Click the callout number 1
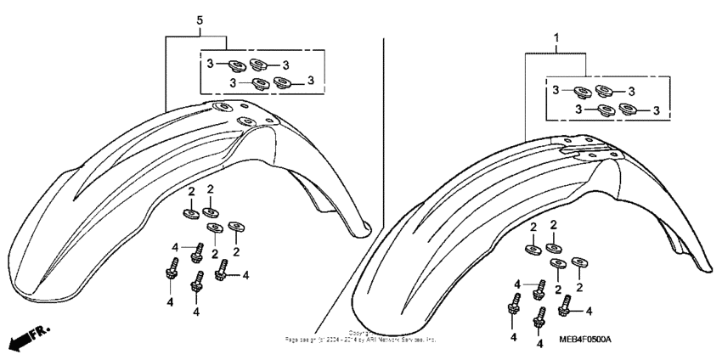tap(556, 38)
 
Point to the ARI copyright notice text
tap(361, 338)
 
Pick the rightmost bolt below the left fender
tap(223, 270)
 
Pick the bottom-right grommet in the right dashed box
tap(629, 109)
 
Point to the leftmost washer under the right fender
tap(533, 249)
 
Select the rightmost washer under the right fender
tap(580, 263)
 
